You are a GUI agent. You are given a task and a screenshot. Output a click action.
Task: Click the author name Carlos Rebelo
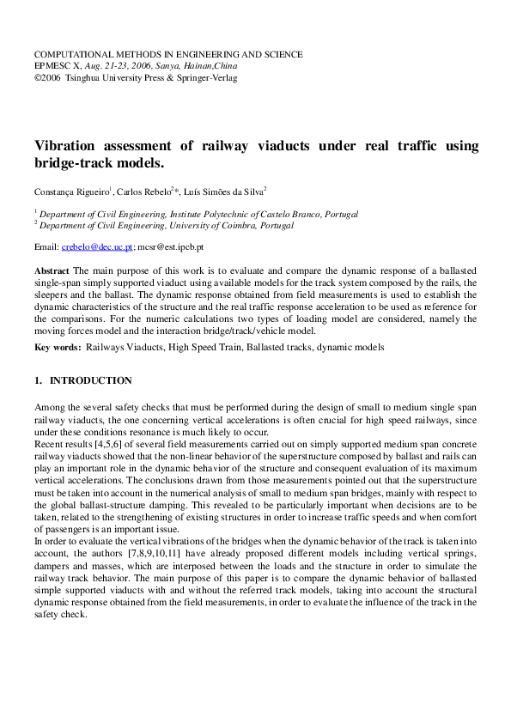pos(143,191)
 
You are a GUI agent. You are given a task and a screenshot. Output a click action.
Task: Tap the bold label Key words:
pos(58,347)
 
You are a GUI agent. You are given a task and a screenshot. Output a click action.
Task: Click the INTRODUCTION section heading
pos(90,380)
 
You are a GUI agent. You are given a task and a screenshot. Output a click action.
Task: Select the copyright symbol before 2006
pos(38,77)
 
